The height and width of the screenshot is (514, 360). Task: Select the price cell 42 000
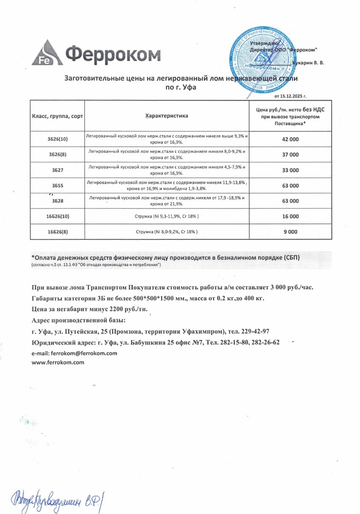tap(290, 139)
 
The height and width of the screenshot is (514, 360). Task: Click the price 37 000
tap(290, 155)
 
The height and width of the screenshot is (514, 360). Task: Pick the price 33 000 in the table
tap(290, 170)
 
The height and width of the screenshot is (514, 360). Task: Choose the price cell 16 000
tap(290, 216)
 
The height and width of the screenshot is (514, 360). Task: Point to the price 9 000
tap(290, 232)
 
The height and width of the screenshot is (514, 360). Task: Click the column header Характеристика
tap(166, 116)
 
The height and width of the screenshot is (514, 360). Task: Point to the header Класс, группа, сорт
tap(57, 116)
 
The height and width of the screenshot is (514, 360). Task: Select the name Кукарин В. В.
tap(309, 63)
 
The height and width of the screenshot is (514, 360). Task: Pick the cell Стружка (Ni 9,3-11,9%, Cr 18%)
tap(166, 216)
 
